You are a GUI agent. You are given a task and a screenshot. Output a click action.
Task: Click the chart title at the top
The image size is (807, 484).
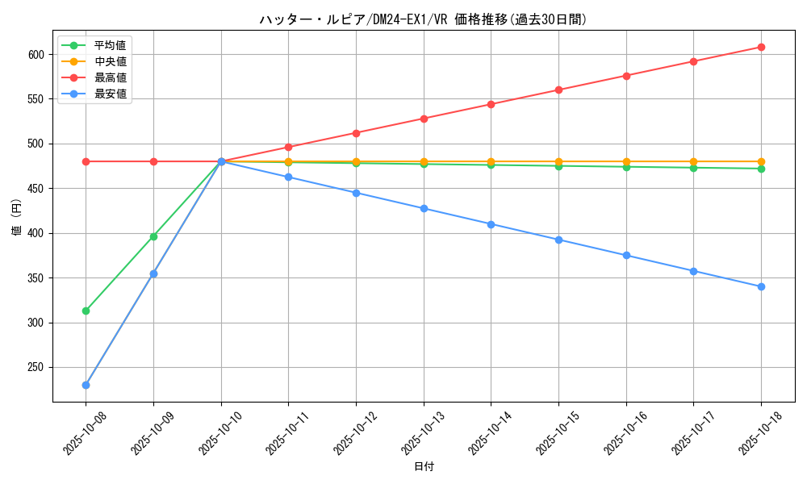coord(423,19)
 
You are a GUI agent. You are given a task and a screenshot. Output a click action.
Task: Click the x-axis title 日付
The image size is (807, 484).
coord(423,467)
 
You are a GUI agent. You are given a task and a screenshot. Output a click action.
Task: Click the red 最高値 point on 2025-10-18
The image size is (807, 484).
coord(761,47)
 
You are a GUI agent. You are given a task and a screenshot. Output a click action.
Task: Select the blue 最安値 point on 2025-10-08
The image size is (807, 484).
coord(86,385)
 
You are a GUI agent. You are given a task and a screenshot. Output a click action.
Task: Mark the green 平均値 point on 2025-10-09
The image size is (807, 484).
coord(153,236)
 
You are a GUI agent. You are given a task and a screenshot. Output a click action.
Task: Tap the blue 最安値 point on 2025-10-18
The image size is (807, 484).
coord(761,286)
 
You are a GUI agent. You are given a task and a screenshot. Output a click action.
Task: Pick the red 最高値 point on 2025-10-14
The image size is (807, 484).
coord(491,104)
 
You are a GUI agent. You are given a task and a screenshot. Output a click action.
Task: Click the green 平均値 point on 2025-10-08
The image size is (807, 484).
coord(86,311)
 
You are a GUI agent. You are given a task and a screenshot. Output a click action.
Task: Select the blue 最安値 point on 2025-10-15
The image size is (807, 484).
coord(558,240)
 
